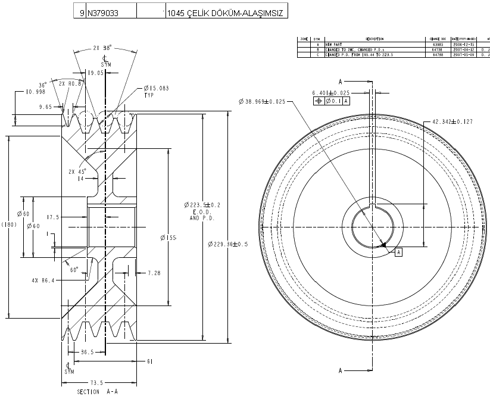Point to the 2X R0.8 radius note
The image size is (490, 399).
[70, 84]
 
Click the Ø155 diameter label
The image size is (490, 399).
[168, 237]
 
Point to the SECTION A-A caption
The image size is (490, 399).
[96, 392]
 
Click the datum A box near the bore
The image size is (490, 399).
[398, 252]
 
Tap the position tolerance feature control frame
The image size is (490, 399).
[332, 101]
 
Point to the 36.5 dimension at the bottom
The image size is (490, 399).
[88, 352]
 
